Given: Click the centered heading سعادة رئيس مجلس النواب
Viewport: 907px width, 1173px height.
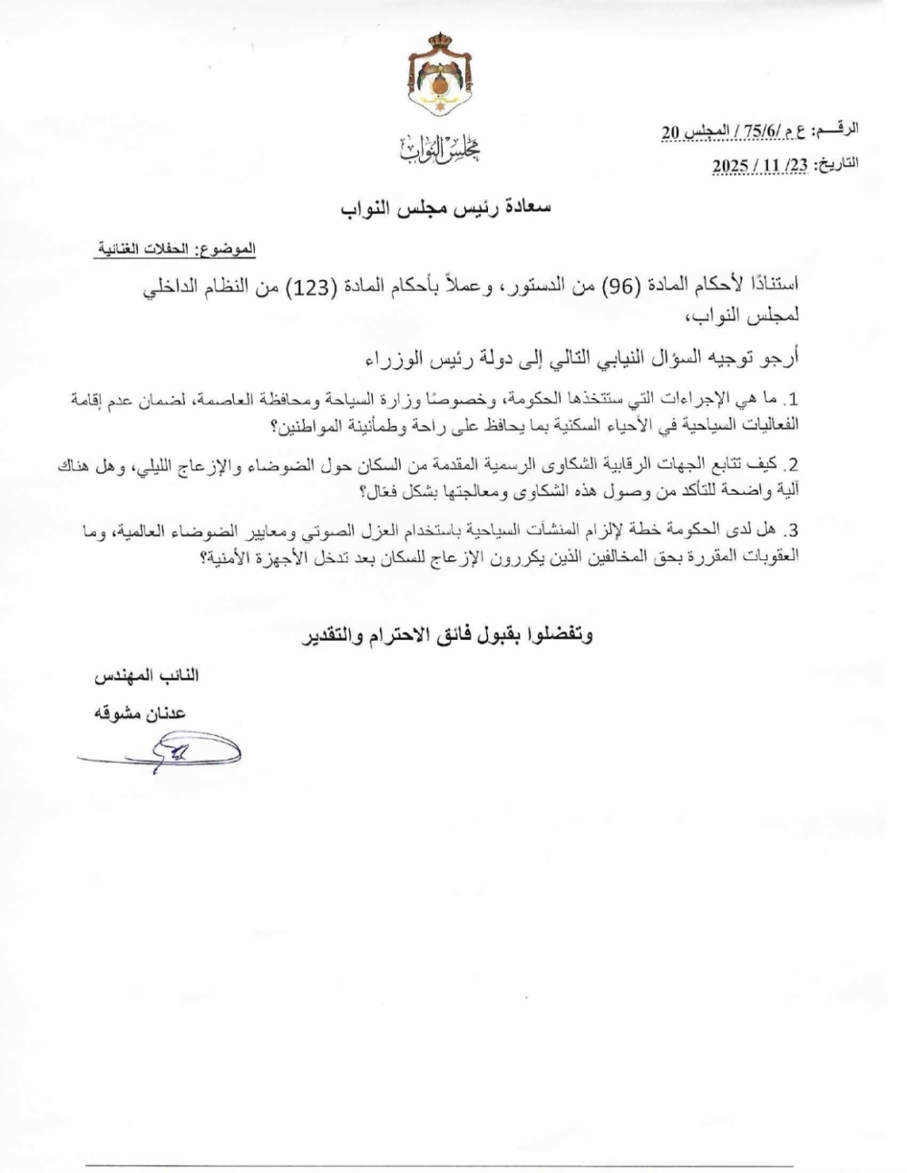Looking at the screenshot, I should (x=444, y=208).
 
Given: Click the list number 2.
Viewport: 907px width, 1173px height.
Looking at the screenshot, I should (x=793, y=465).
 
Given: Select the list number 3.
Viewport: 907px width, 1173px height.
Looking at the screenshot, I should (x=793, y=531).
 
